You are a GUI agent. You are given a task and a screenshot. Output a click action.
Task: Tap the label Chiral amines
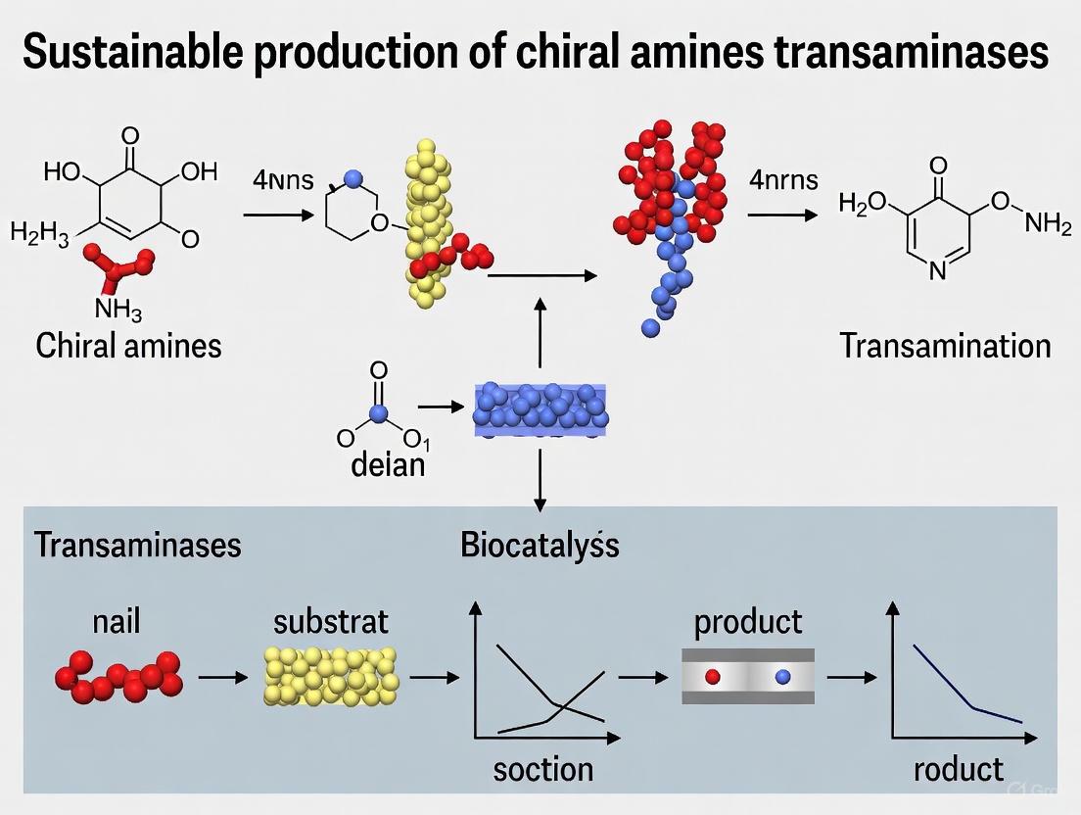click(128, 345)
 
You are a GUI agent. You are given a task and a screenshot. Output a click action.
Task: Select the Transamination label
click(945, 345)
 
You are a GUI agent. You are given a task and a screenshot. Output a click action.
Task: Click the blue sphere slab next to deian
click(540, 409)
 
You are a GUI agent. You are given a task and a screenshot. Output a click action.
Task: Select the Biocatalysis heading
click(540, 545)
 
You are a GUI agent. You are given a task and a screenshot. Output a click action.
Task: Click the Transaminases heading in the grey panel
click(138, 545)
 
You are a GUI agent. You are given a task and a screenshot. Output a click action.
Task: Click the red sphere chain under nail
click(119, 675)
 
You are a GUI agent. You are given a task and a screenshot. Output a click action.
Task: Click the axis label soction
click(542, 769)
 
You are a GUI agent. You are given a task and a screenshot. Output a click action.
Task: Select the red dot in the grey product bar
click(712, 676)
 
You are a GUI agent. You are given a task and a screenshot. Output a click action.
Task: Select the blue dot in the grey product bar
click(782, 676)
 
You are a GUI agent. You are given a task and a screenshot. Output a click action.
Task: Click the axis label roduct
click(958, 769)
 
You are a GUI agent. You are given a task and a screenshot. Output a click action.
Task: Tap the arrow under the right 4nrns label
click(781, 215)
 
